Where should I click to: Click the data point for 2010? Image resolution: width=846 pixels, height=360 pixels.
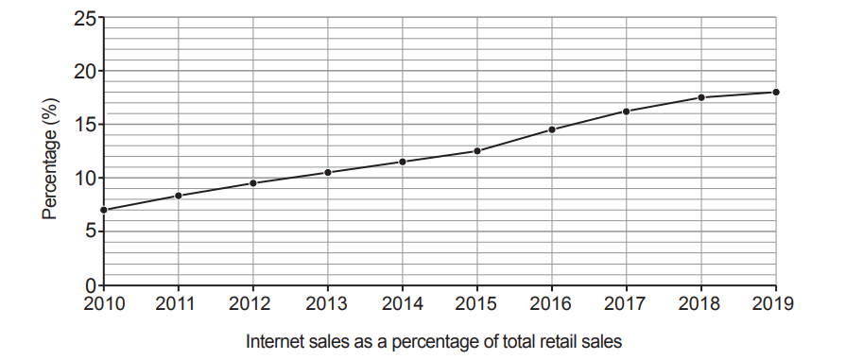pos(103,210)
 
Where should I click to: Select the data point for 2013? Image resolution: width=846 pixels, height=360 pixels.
pos(328,172)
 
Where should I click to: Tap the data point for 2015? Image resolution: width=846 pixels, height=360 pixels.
pos(477,151)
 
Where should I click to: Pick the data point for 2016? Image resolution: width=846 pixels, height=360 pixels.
pos(552,129)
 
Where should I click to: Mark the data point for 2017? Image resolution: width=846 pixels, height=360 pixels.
pos(627,111)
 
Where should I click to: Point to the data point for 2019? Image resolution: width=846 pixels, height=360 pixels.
pos(776,92)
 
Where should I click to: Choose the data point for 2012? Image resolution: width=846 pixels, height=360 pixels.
pos(253,182)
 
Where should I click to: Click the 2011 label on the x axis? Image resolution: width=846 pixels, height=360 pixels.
pos(178,304)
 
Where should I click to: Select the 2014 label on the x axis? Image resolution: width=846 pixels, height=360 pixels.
pos(403,304)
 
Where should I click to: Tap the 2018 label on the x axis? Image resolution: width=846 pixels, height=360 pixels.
pos(701,304)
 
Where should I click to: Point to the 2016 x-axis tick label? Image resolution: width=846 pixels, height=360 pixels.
pos(552,304)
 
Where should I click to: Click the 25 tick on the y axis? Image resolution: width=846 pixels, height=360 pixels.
pos(84,18)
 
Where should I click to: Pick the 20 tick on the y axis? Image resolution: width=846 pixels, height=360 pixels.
pos(84,72)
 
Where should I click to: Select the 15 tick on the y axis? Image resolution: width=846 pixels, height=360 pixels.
pos(84,125)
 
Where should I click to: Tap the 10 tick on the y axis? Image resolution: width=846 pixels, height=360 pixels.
pos(84,179)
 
